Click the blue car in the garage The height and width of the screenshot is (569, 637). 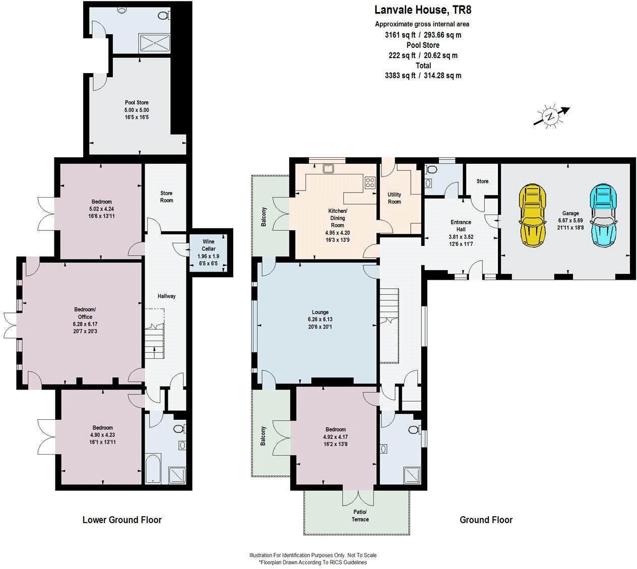603,216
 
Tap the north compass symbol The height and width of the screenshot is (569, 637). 551,116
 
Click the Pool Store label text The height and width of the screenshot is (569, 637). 137,103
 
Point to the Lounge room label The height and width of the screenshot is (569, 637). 320,312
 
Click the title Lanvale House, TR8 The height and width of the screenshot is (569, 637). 423,10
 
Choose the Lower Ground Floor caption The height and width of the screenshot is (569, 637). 122,520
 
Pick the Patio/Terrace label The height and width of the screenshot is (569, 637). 360,516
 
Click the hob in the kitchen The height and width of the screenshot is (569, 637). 370,182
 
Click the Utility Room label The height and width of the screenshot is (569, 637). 394,198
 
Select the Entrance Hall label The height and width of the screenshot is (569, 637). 461,226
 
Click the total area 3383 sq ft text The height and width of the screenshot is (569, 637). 423,76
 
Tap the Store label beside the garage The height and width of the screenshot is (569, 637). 482,181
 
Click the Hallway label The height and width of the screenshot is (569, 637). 166,296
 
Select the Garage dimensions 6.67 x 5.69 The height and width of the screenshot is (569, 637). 570,221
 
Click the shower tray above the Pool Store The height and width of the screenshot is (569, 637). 155,43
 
